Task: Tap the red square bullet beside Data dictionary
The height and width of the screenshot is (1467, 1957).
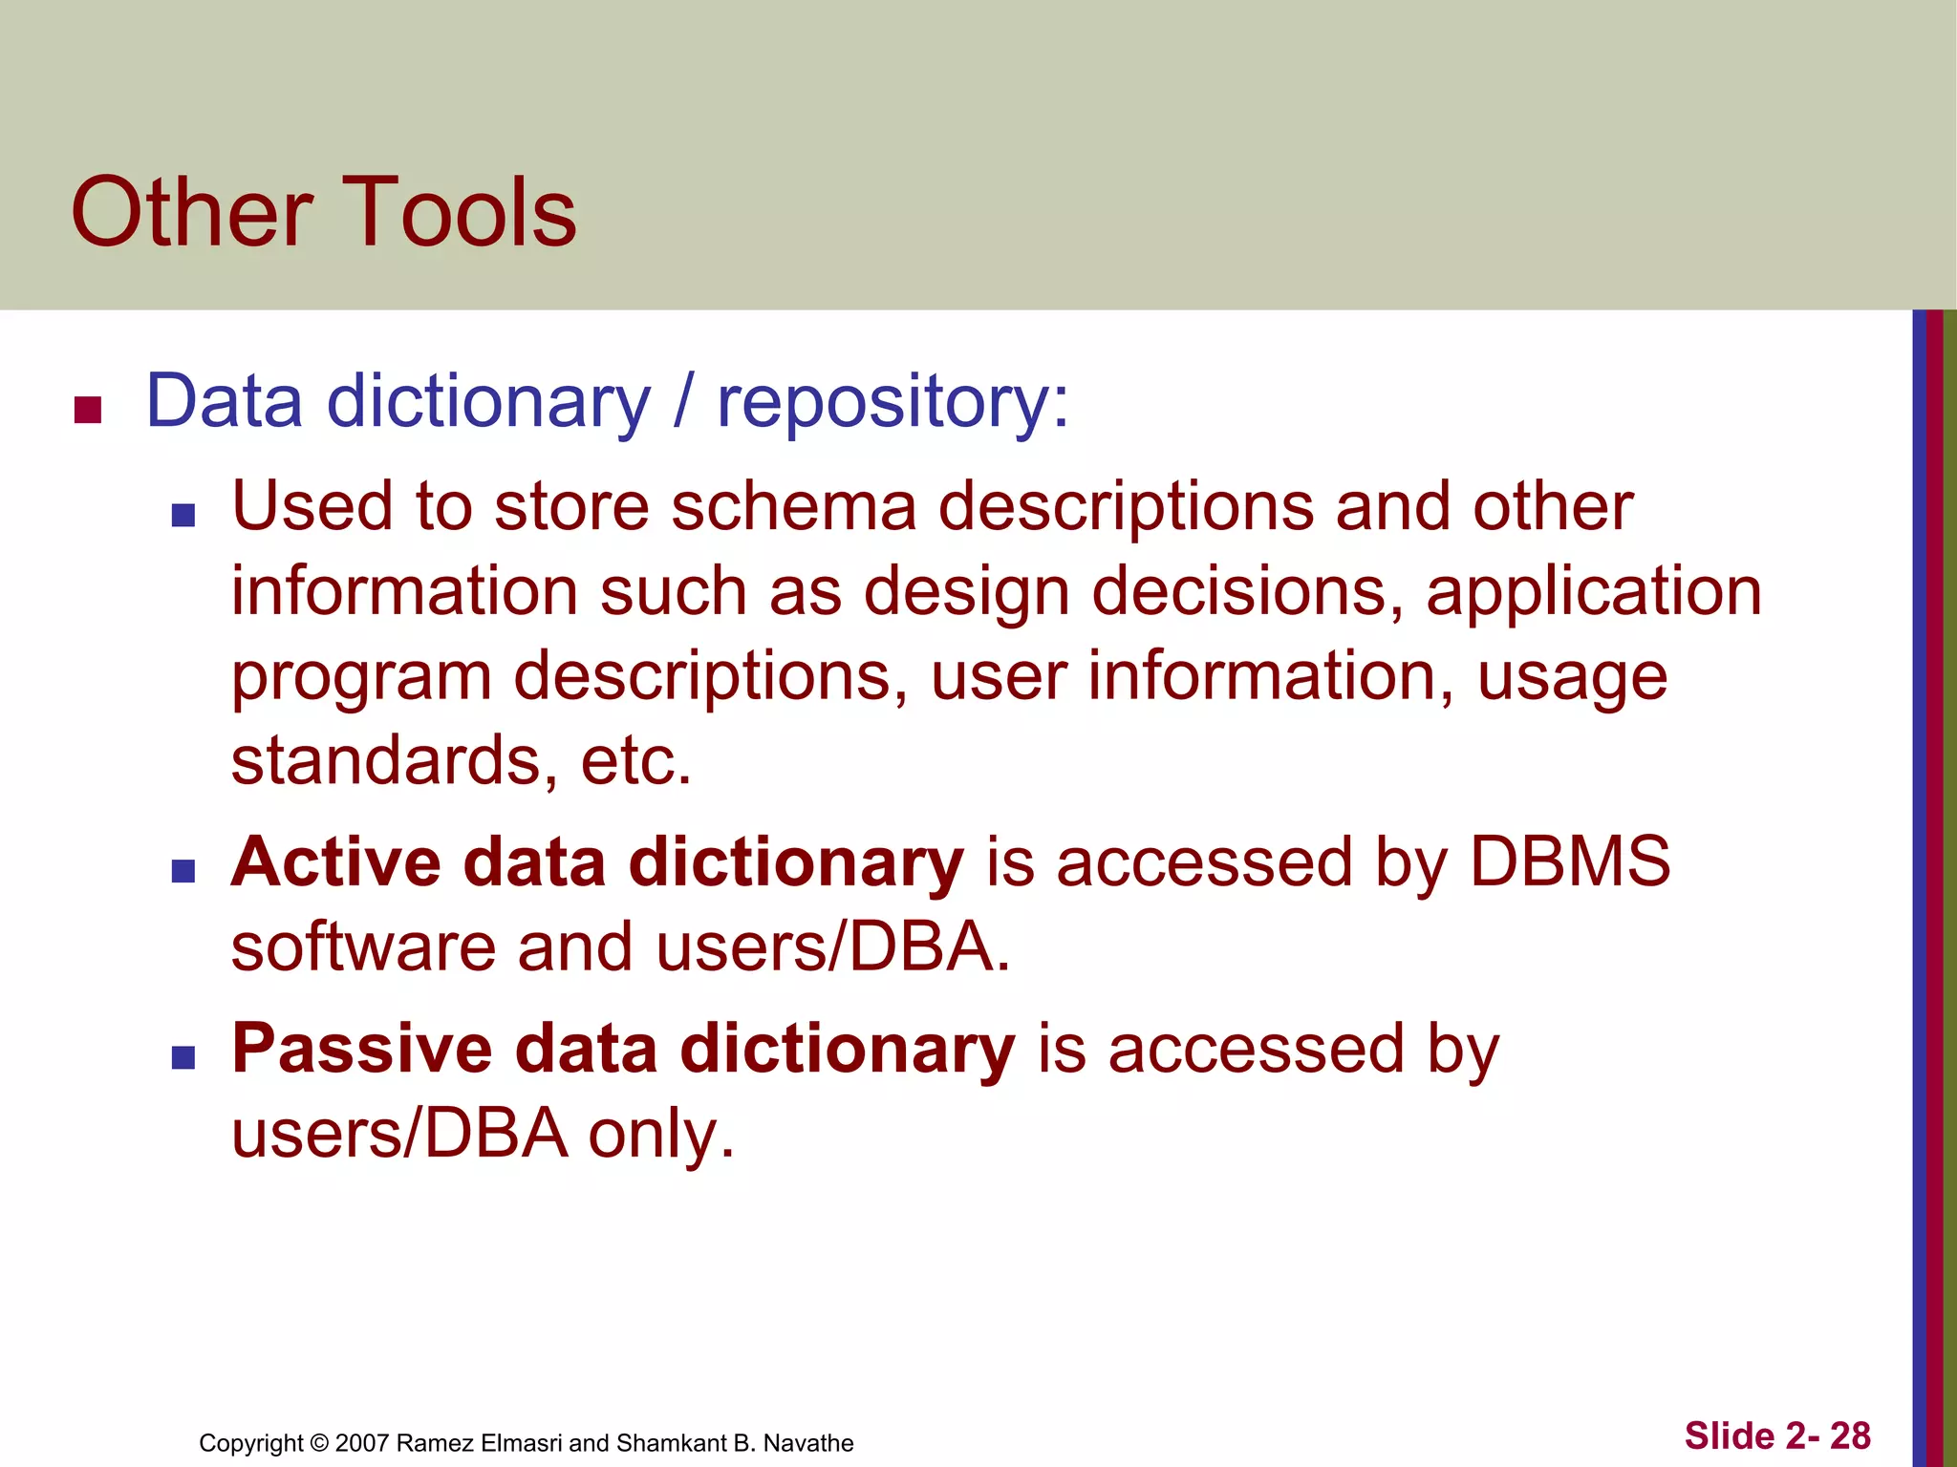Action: tap(88, 410)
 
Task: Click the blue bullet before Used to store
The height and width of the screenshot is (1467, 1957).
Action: tap(183, 516)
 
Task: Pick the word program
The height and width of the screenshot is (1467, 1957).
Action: tap(361, 678)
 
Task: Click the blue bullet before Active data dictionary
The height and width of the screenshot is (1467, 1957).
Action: tap(183, 871)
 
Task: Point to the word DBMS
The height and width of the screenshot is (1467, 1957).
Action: tap(1569, 862)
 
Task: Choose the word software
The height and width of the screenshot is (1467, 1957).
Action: tap(364, 947)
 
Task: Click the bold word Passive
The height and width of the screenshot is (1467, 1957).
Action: tap(362, 1049)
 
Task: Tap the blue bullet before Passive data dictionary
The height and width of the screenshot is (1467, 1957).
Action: tap(183, 1057)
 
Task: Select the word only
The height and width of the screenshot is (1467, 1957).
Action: tap(660, 1135)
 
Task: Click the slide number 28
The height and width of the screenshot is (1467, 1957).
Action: tap(1850, 1436)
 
